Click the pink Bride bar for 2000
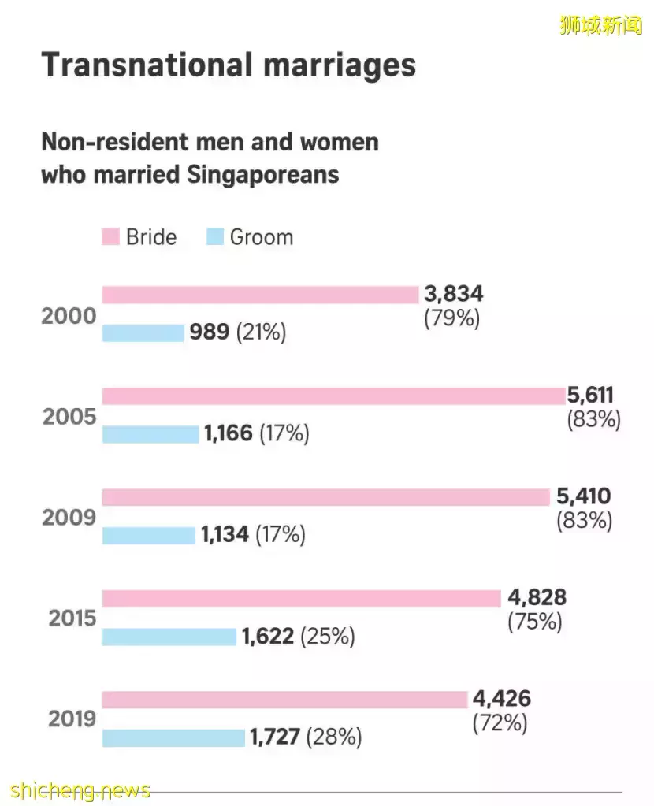click(260, 295)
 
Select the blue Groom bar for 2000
click(143, 332)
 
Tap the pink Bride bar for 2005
click(333, 396)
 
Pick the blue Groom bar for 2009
click(148, 535)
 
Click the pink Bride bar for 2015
click(301, 598)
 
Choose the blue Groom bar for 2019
click(173, 737)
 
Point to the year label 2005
click(69, 417)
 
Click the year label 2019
click(72, 719)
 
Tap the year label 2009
click(69, 518)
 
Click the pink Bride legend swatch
click(110, 237)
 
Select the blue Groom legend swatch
click(214, 237)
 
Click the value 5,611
click(590, 396)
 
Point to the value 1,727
click(275, 737)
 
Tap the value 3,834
click(453, 295)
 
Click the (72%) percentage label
click(500, 722)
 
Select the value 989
click(209, 332)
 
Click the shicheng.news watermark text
click(81, 789)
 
